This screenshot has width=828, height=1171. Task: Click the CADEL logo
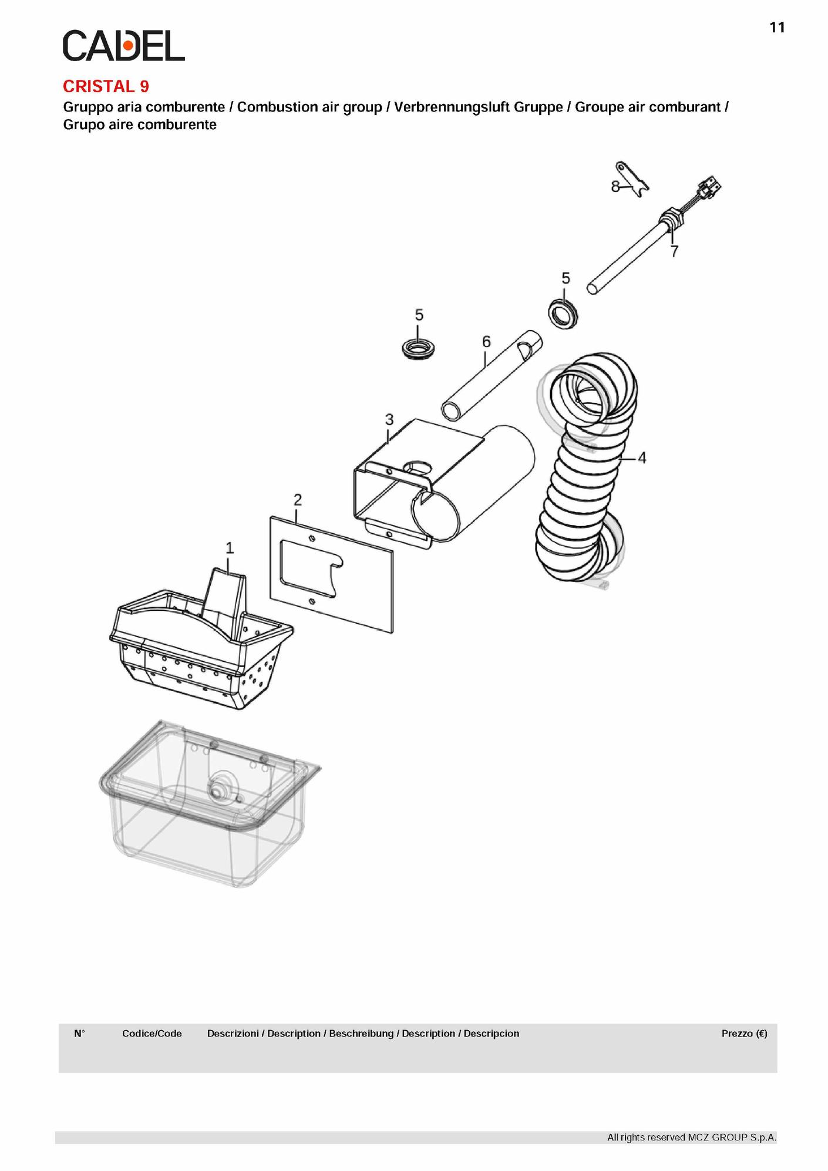point(124,46)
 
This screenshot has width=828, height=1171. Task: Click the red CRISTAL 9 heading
point(106,87)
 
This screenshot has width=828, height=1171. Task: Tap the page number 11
point(777,28)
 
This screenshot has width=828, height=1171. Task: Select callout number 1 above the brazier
point(230,547)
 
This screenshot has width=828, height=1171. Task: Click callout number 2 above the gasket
point(298,500)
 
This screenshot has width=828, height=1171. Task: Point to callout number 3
point(389,419)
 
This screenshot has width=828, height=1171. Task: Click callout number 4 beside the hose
point(642,457)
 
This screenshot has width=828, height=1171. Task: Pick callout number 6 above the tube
point(486,341)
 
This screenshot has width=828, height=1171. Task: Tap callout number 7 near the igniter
point(674,251)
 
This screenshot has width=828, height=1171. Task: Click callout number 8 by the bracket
point(615,186)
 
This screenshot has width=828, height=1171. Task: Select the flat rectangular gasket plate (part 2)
point(331,574)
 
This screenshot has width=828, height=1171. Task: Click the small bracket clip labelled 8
point(632,179)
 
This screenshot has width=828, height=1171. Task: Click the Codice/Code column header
point(152,1034)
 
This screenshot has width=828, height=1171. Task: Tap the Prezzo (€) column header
point(745,1034)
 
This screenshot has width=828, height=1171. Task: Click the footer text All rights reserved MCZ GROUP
point(692,1138)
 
